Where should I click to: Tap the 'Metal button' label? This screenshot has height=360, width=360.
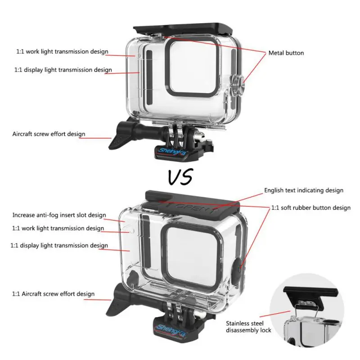coord(286,53)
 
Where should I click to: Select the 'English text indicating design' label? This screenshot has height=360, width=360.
coord(303,190)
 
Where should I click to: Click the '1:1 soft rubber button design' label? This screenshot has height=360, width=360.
coord(310,208)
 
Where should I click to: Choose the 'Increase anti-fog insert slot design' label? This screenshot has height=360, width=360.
coord(59,215)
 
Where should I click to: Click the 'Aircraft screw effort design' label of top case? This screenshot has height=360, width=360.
coord(49,134)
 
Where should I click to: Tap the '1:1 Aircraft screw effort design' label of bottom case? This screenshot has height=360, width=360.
coord(53,294)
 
